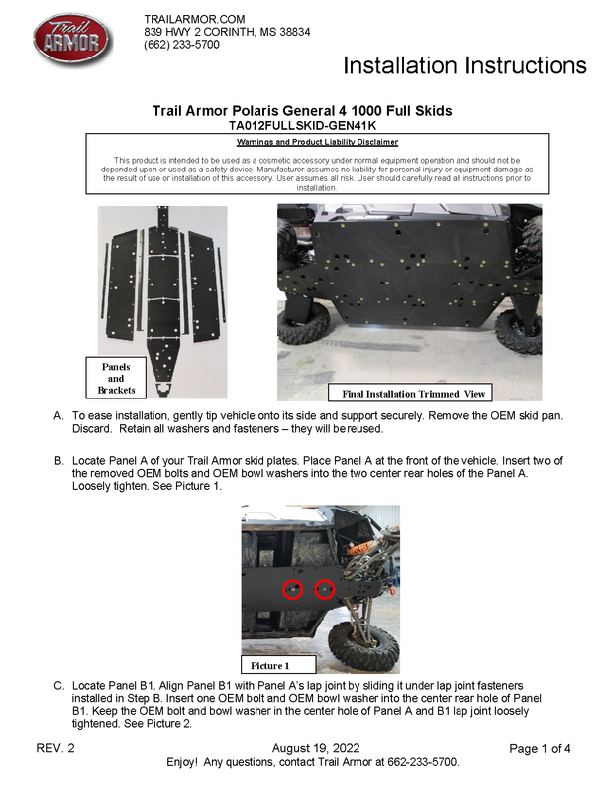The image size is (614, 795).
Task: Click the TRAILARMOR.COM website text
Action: pyautogui.click(x=193, y=20)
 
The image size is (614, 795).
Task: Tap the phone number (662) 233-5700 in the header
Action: pyautogui.click(x=181, y=45)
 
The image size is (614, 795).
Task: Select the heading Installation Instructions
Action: pyautogui.click(x=464, y=66)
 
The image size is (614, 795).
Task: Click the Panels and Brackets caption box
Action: pyautogui.click(x=116, y=379)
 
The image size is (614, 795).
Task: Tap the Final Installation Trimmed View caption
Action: pyautogui.click(x=413, y=394)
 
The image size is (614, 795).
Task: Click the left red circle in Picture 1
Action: pyautogui.click(x=293, y=589)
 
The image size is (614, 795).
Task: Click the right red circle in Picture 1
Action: pyautogui.click(x=324, y=590)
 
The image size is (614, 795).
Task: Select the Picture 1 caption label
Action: pyautogui.click(x=270, y=665)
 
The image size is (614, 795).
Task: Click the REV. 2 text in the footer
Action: pyautogui.click(x=55, y=748)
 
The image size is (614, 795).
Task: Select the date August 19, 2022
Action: pyautogui.click(x=315, y=748)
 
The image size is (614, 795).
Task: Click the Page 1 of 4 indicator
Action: pyautogui.click(x=540, y=748)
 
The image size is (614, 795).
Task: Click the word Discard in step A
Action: pyautogui.click(x=95, y=431)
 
